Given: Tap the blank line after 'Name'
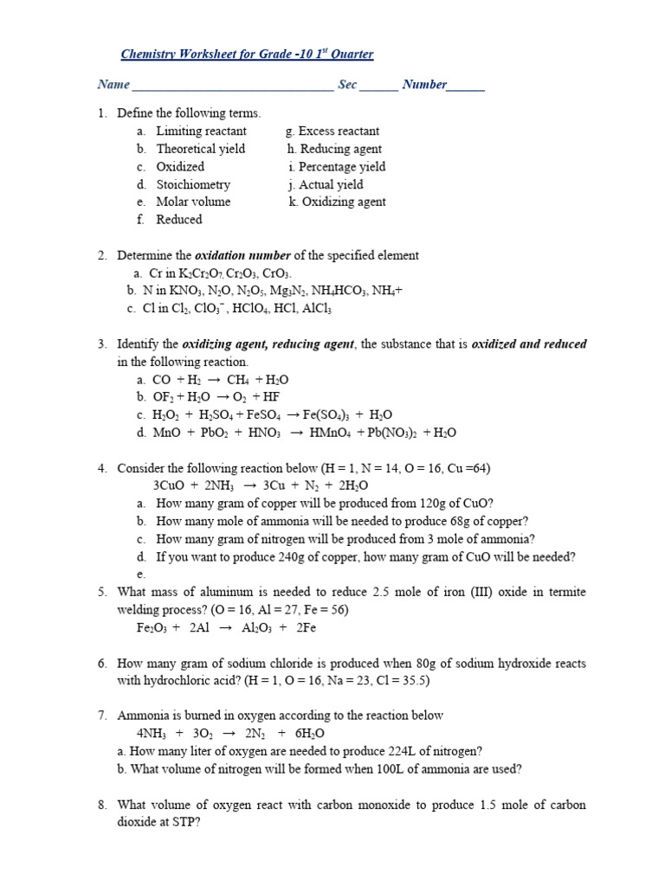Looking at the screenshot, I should (232, 87).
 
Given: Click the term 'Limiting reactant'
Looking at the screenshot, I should (201, 132).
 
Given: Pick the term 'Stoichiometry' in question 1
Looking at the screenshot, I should (193, 184).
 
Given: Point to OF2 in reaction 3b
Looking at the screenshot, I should (164, 397).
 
